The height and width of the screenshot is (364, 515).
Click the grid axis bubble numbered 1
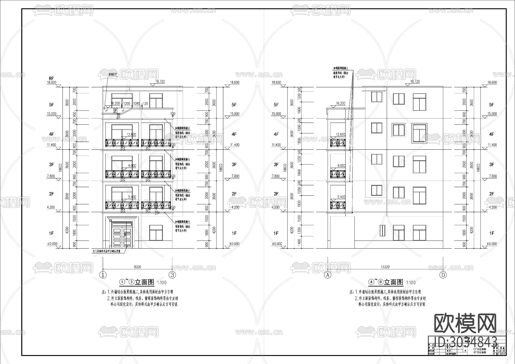(103, 275)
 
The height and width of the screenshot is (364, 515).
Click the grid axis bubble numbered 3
(172, 275)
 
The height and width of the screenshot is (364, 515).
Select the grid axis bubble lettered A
(327, 275)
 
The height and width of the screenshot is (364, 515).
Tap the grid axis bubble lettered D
(443, 275)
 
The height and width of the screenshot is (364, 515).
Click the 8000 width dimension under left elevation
(137, 267)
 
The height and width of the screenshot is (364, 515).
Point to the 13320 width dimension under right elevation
(385, 267)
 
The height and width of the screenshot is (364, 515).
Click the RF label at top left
(51, 78)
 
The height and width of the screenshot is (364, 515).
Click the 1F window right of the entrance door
(156, 232)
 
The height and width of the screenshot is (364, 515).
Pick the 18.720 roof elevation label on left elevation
(161, 82)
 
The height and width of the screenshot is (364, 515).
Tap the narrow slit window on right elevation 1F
(382, 231)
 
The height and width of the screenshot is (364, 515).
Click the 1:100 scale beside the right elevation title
(411, 283)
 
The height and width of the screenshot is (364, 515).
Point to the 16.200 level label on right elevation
(340, 103)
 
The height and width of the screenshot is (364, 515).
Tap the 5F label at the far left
(51, 105)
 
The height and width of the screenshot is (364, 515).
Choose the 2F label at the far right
(492, 194)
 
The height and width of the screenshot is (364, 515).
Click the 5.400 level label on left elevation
(132, 197)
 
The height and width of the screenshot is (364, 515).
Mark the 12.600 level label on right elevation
(340, 134)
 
